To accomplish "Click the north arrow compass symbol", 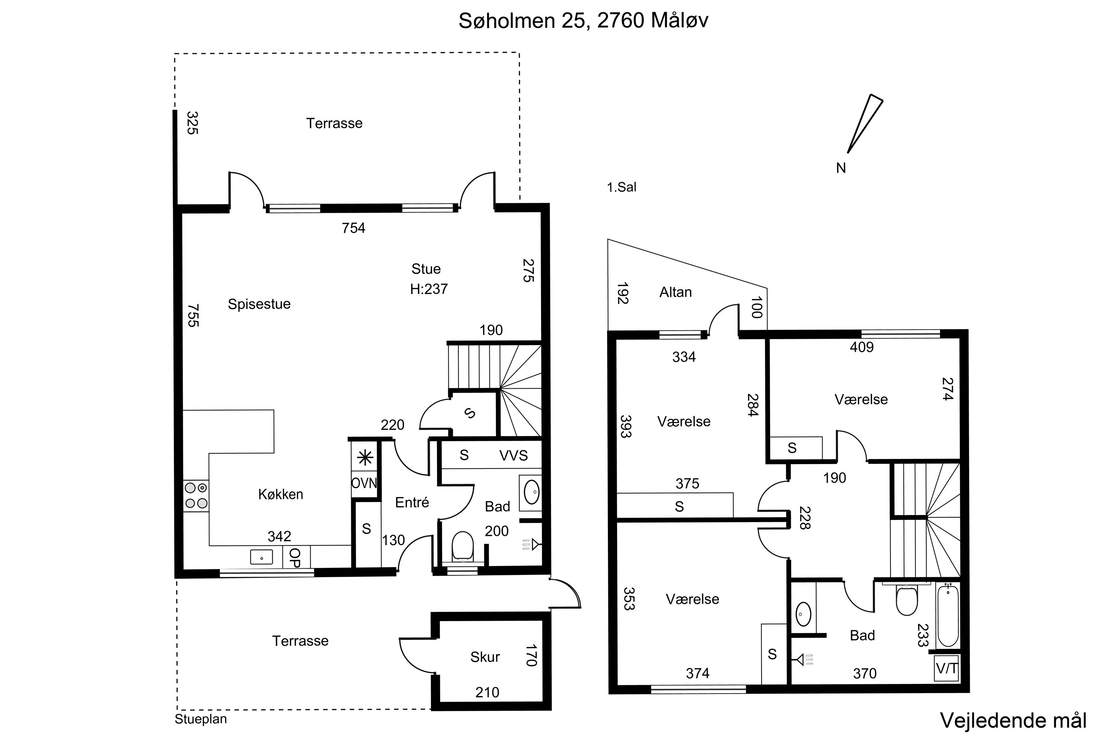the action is pyautogui.click(x=864, y=125).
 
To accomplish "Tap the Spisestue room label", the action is pyautogui.click(x=259, y=304).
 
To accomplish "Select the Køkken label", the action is pyautogui.click(x=281, y=494).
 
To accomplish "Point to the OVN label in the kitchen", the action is pyautogui.click(x=364, y=483).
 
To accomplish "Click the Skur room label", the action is pyautogui.click(x=485, y=657).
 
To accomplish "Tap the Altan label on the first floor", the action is pyautogui.click(x=676, y=292).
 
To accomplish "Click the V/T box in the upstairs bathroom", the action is pyautogui.click(x=946, y=668).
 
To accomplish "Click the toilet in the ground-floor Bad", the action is pyautogui.click(x=462, y=547).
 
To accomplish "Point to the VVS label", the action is pyautogui.click(x=513, y=455).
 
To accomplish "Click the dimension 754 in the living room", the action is pyautogui.click(x=353, y=228).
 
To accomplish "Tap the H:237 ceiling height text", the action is pyautogui.click(x=429, y=289).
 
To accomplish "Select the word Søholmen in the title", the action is pyautogui.click(x=506, y=21).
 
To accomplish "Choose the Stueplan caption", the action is pyautogui.click(x=201, y=719).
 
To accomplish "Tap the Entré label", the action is pyautogui.click(x=412, y=503).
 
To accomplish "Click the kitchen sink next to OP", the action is pyautogui.click(x=261, y=557).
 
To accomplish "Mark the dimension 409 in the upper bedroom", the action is pyautogui.click(x=862, y=347).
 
